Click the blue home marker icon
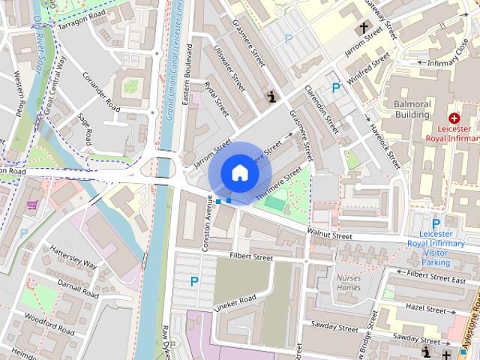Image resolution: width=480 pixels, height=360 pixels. pos(239,172)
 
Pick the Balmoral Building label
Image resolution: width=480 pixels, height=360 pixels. pos(408,109)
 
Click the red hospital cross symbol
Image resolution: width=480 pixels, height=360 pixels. pos(453,118)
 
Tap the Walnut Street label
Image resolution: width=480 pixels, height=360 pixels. pos(329,235)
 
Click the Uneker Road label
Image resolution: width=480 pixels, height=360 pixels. pos(234,304)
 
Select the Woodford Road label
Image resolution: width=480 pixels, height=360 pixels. pos(48,324)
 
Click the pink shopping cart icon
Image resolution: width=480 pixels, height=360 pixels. pos(32,204)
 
